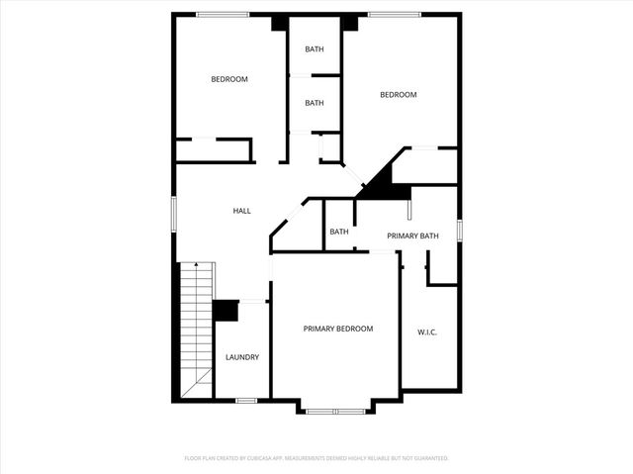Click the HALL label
point(241,211)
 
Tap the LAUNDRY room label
point(242,357)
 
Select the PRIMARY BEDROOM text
point(337,328)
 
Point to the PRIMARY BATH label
point(412,236)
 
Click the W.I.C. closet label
point(427,332)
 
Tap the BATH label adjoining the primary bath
point(339,232)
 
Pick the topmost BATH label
point(315,48)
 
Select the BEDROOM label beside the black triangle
point(399,95)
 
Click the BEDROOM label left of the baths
point(229,79)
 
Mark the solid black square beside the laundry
point(226,311)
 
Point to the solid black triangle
point(380,181)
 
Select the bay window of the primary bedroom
point(335,410)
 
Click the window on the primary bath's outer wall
point(460,229)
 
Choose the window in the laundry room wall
point(246,400)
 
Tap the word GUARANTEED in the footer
point(428,458)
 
